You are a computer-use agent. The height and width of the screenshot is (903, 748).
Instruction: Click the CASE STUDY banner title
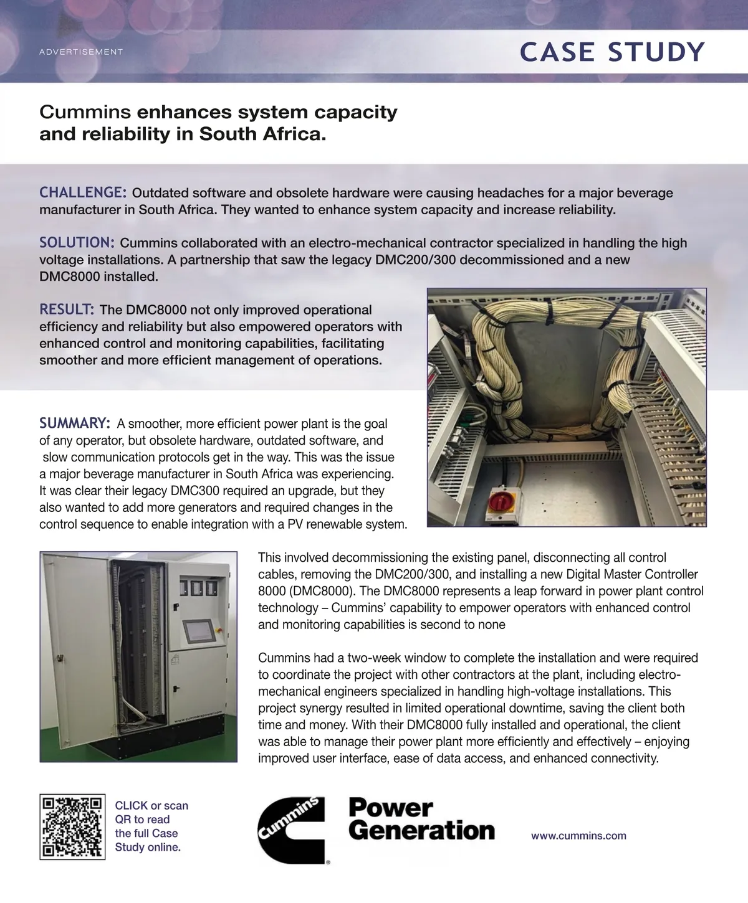[612, 52]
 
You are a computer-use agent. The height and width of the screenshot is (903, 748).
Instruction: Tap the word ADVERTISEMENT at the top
[81, 52]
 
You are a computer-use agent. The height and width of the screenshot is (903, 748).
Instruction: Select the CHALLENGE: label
[83, 192]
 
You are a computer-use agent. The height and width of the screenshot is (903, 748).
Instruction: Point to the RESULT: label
[67, 309]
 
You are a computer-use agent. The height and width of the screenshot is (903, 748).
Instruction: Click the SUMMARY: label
[75, 423]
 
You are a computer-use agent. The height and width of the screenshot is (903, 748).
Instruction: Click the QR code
[72, 826]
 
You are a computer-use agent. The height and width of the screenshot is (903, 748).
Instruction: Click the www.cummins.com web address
[578, 836]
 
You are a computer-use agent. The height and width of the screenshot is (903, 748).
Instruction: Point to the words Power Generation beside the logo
[421, 820]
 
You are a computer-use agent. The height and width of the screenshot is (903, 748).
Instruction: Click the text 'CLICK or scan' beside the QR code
[151, 806]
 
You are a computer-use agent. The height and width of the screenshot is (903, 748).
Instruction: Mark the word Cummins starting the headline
[85, 113]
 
